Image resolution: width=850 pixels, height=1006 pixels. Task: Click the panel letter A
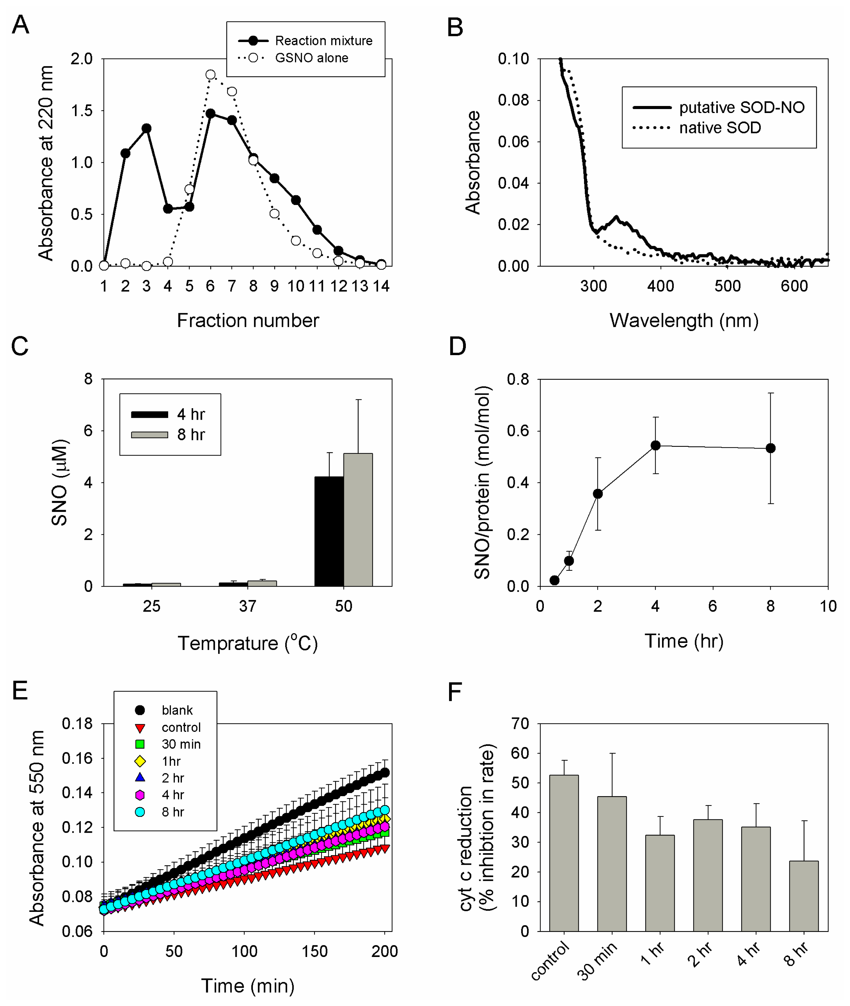20,25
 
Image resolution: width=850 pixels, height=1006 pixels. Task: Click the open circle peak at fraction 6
211,75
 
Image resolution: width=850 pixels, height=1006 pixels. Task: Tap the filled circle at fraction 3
147,128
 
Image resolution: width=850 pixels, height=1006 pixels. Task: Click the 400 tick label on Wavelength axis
660,286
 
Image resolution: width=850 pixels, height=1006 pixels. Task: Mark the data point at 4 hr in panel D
655,445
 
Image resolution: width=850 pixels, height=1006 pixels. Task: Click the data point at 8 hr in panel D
770,448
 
